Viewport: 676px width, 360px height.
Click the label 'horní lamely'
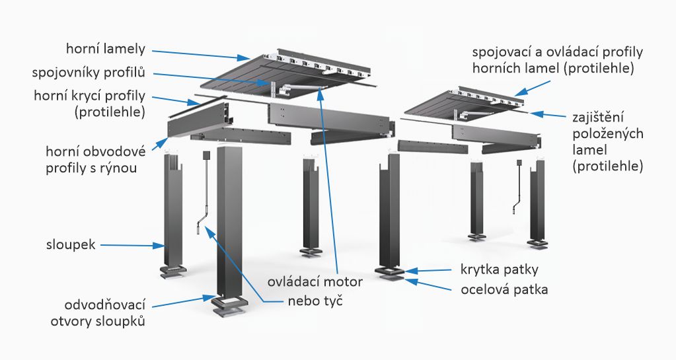(x=106, y=49)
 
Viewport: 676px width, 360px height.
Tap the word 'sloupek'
(x=71, y=244)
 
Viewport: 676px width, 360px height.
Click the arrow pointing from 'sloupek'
(x=132, y=245)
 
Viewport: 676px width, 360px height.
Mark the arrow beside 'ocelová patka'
(x=433, y=285)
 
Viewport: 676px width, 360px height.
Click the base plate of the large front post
(x=231, y=305)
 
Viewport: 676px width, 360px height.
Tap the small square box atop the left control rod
(x=206, y=155)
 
